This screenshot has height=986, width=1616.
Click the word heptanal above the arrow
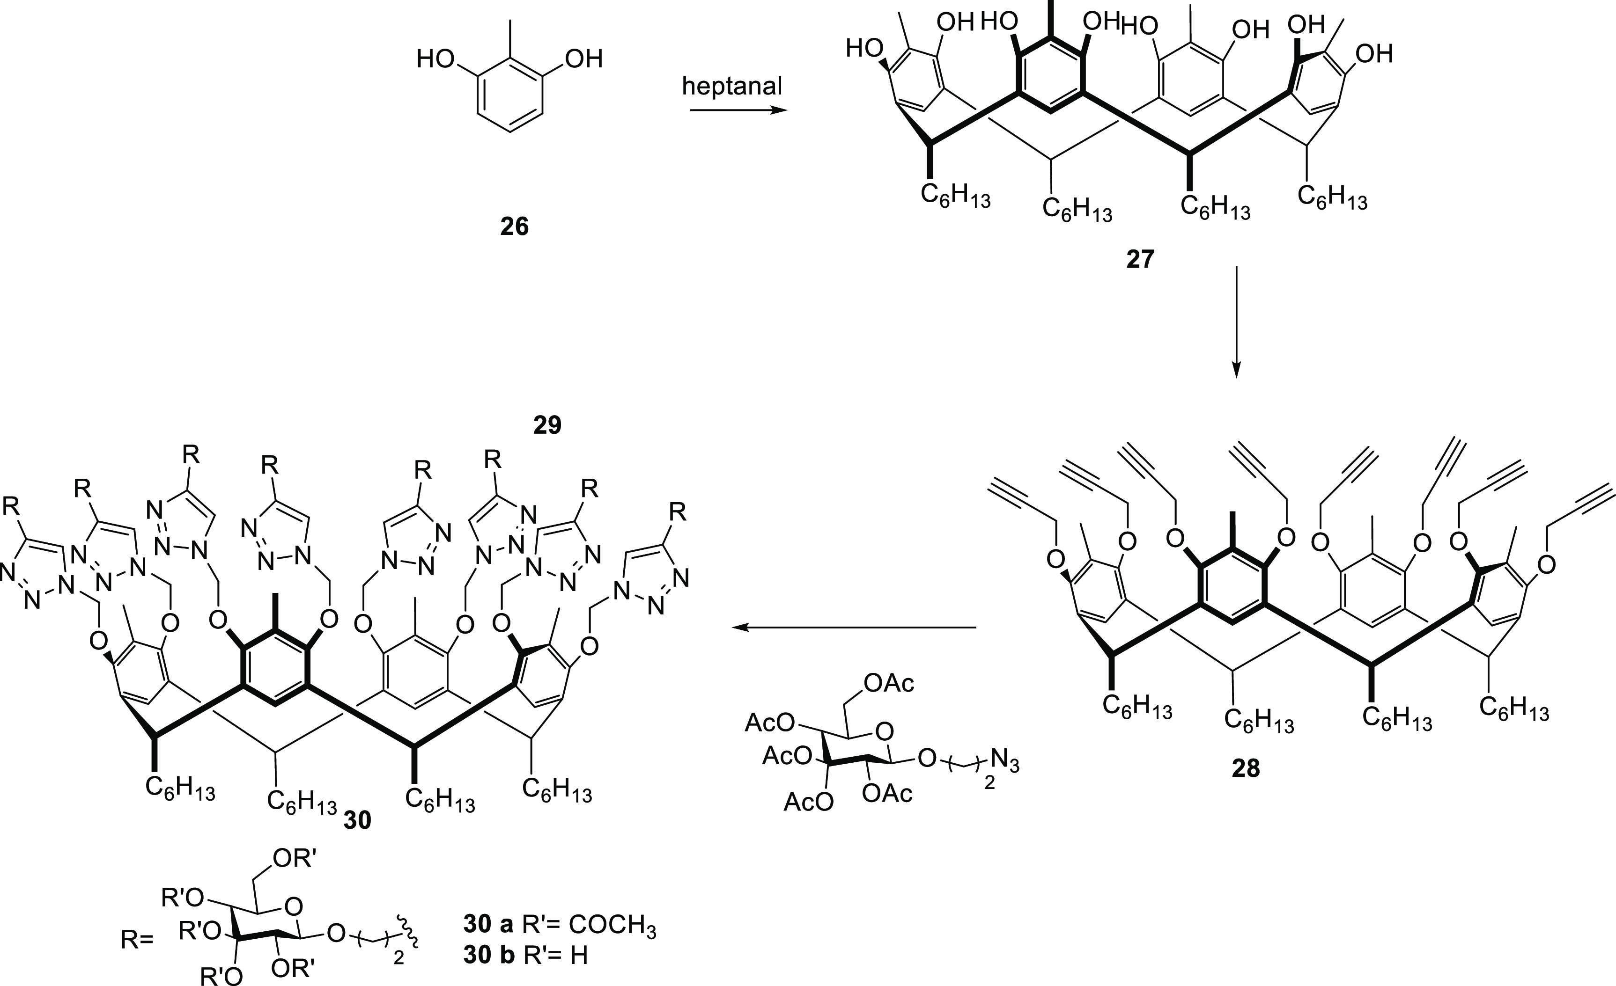pos(732,87)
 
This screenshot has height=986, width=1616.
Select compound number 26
pos(514,227)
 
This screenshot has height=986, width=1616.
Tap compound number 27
pos(1140,260)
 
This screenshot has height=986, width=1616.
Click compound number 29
pos(547,425)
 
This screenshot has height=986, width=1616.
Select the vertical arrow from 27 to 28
pos(1236,321)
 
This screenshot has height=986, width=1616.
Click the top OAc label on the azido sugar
pos(889,684)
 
